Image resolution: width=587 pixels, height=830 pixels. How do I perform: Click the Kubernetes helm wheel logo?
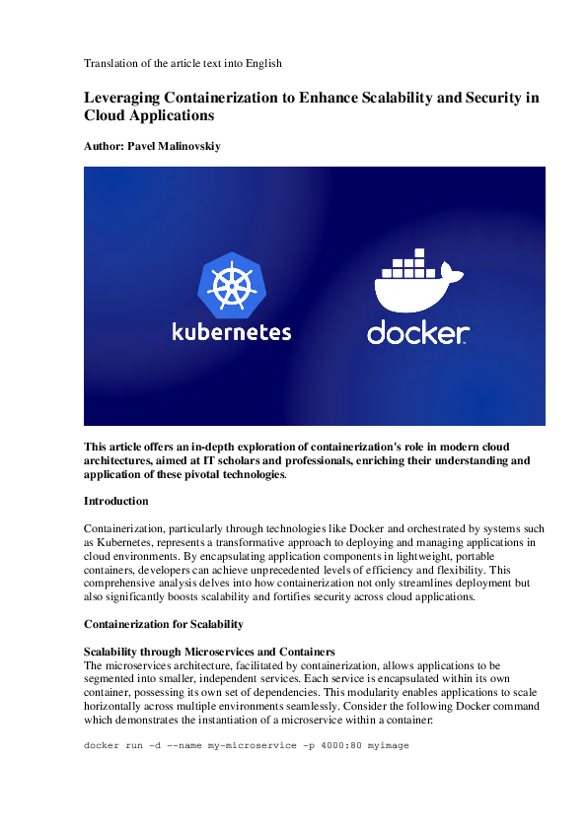pyautogui.click(x=233, y=285)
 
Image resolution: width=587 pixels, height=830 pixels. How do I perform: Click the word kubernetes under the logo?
pyautogui.click(x=232, y=332)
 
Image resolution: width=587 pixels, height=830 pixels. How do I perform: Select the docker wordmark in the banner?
pyautogui.click(x=417, y=333)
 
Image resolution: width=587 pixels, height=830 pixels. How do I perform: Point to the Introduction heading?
pyautogui.click(x=116, y=501)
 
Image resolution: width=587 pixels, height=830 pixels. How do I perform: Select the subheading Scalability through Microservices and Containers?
pyautogui.click(x=210, y=652)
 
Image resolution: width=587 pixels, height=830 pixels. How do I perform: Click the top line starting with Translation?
pyautogui.click(x=183, y=63)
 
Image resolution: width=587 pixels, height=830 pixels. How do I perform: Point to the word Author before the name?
pyautogui.click(x=104, y=145)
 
